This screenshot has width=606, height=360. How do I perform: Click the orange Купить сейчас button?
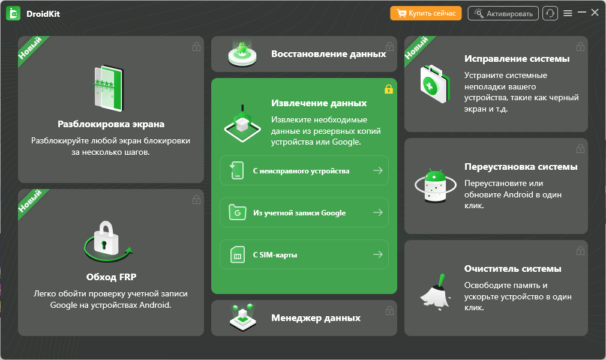tap(426, 13)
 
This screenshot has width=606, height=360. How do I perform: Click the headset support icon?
tap(550, 13)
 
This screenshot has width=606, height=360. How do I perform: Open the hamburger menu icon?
tap(568, 13)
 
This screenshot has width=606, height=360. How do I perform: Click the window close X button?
tap(595, 13)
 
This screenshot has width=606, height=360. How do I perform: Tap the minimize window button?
tap(581, 13)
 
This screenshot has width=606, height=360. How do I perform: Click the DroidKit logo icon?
tap(14, 14)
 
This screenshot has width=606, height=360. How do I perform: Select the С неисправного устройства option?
tap(304, 170)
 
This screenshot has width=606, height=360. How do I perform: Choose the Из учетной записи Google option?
tap(304, 212)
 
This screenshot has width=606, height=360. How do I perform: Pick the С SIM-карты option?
tap(304, 254)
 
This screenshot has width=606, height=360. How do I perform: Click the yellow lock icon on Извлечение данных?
tap(388, 89)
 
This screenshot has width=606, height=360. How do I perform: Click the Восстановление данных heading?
tap(329, 54)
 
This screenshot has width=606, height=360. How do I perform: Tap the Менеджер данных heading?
tap(316, 318)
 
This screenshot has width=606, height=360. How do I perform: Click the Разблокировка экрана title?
tap(111, 124)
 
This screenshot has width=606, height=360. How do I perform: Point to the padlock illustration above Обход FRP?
tap(107, 241)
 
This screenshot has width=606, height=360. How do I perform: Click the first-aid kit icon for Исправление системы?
tap(435, 83)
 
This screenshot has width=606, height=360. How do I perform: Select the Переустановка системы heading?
tap(521, 167)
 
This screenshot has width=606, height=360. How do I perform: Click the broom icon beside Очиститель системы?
tap(436, 293)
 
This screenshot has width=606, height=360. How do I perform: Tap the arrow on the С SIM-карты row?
tap(378, 254)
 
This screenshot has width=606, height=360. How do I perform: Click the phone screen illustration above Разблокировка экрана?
tap(109, 88)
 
